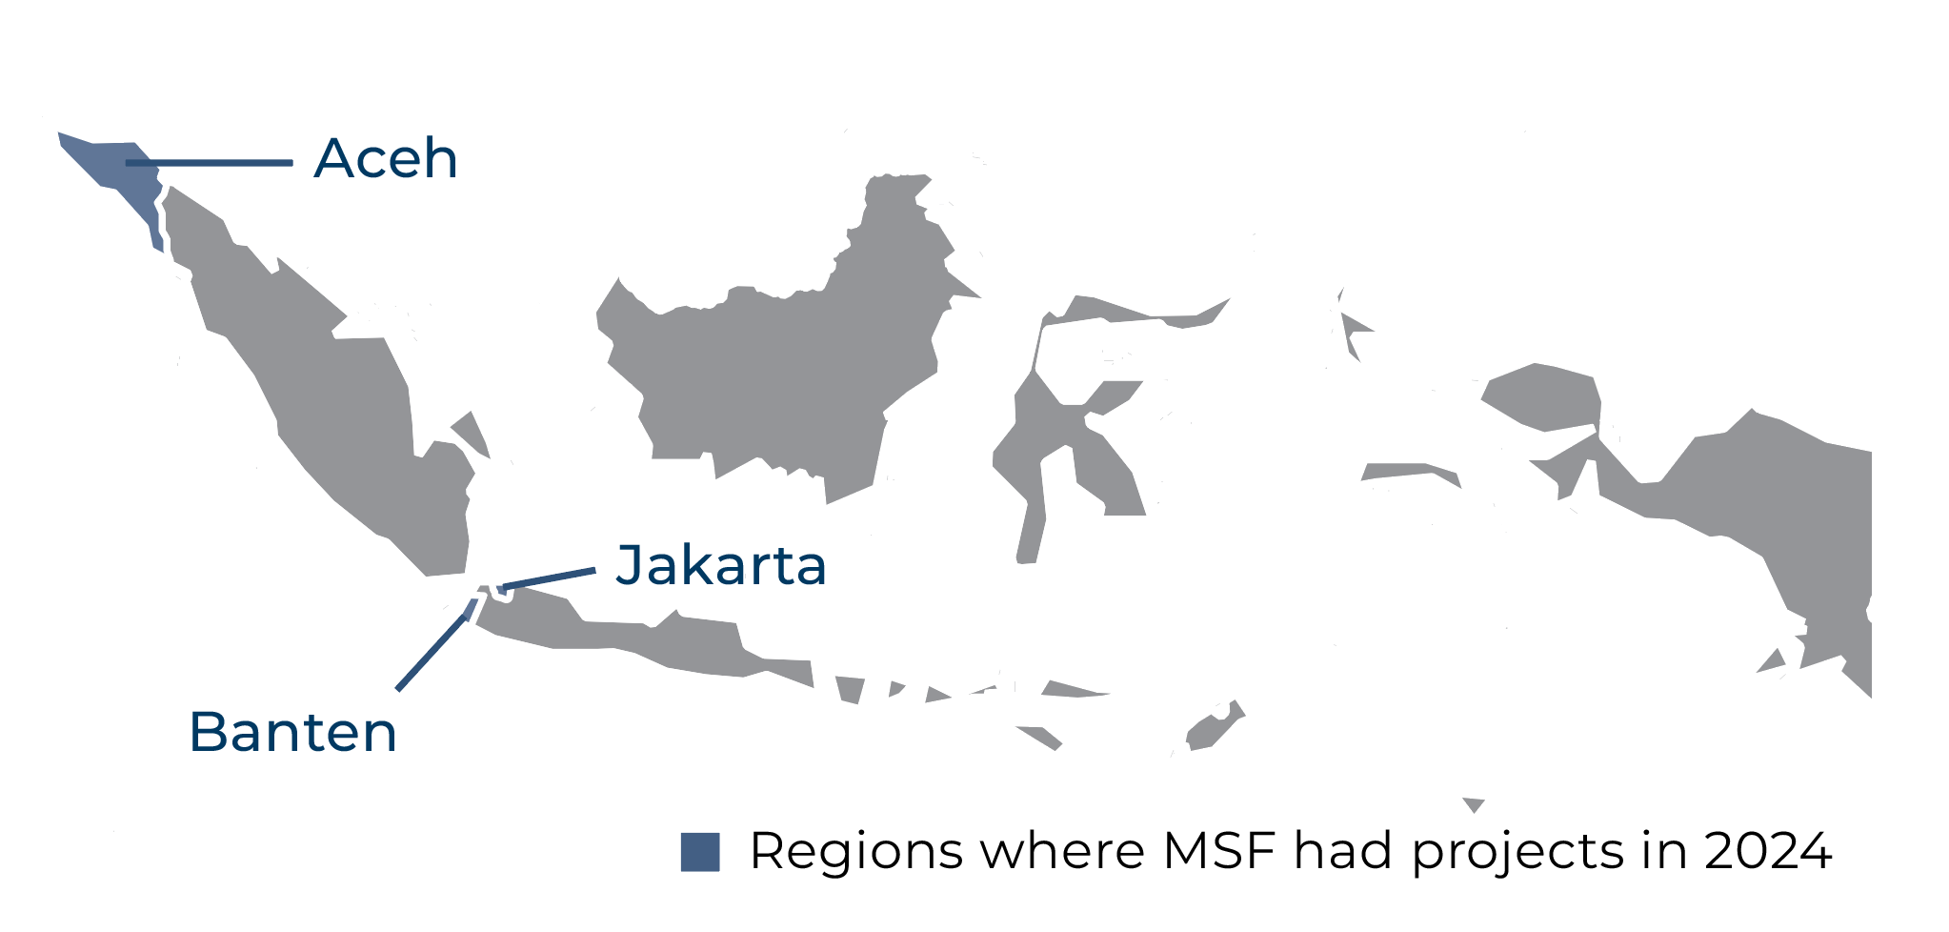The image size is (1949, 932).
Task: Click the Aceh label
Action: (x=386, y=158)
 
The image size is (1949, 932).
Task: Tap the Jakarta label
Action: (x=721, y=565)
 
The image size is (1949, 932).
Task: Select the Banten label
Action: (x=293, y=732)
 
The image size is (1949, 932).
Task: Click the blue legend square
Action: (x=700, y=852)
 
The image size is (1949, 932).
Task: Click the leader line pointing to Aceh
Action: (x=210, y=163)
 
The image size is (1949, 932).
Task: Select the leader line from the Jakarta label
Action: (x=548, y=578)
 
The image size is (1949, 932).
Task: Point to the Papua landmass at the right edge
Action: (x=1762, y=496)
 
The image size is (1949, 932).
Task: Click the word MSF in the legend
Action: (x=1218, y=851)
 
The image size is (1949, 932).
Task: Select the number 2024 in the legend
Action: (x=1768, y=851)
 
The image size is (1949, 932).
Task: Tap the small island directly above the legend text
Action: (x=1474, y=804)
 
